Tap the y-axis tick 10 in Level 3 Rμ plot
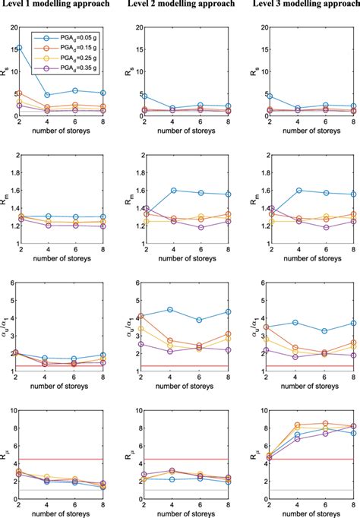tap(257, 411)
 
